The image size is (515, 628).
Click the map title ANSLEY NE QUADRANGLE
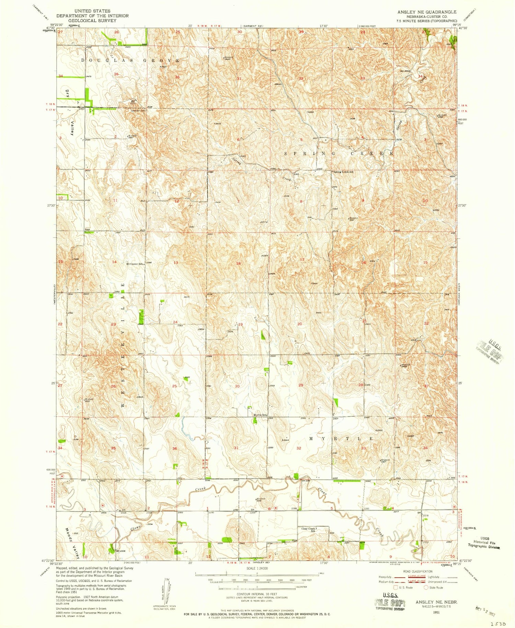tap(427, 12)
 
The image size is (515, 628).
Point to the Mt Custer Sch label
tap(134, 264)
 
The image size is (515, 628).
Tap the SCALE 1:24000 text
tap(256, 569)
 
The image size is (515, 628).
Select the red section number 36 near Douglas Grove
tap(177, 77)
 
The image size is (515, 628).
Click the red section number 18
tap(239, 263)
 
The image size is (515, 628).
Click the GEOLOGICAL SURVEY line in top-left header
tap(92, 20)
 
